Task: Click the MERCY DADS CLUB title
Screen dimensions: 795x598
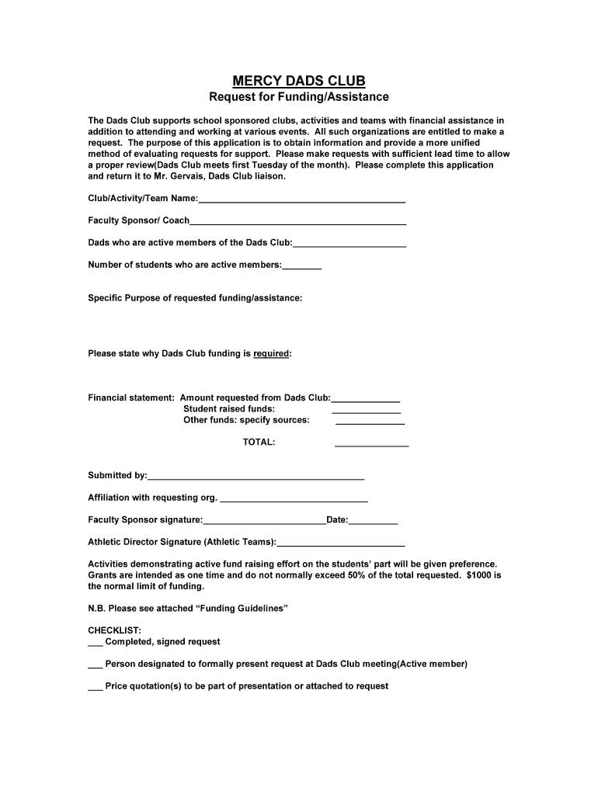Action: [x=299, y=81]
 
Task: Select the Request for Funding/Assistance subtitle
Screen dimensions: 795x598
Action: [x=299, y=97]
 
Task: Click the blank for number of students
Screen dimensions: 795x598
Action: [x=302, y=267]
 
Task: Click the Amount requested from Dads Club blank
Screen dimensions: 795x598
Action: [x=366, y=400]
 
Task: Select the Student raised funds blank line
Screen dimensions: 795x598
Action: [x=366, y=411]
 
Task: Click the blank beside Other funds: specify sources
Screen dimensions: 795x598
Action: [x=370, y=423]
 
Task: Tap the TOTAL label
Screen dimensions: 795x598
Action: [x=259, y=443]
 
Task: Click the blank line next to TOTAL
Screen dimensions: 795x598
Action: [x=371, y=446]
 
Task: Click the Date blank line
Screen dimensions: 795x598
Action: [x=374, y=522]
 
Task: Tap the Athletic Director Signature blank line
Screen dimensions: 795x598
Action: [x=341, y=544]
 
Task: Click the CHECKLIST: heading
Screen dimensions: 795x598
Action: [x=114, y=630]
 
